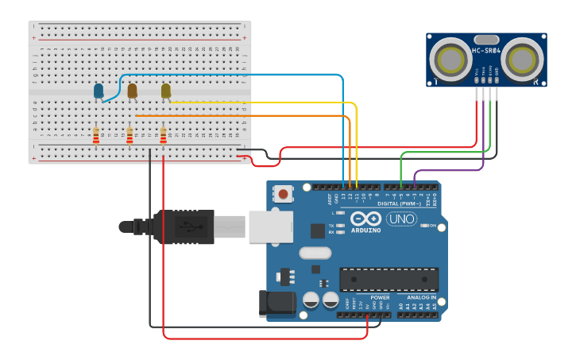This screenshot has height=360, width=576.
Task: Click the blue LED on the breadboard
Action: click(x=99, y=91)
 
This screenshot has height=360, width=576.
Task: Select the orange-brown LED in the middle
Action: click(x=132, y=91)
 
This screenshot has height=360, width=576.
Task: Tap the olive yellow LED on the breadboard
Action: click(x=165, y=91)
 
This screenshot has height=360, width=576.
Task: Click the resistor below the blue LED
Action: click(x=96, y=137)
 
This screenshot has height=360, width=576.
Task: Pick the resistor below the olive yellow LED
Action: click(x=163, y=137)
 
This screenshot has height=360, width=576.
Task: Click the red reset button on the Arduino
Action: click(x=282, y=193)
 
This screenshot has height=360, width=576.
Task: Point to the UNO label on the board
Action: click(x=401, y=219)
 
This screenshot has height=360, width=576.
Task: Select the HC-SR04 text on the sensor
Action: click(x=485, y=51)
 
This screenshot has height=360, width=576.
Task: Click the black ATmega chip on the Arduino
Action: click(x=389, y=280)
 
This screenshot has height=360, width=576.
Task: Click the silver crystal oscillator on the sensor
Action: click(x=485, y=39)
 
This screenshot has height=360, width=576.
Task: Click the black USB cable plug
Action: click(x=183, y=226)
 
